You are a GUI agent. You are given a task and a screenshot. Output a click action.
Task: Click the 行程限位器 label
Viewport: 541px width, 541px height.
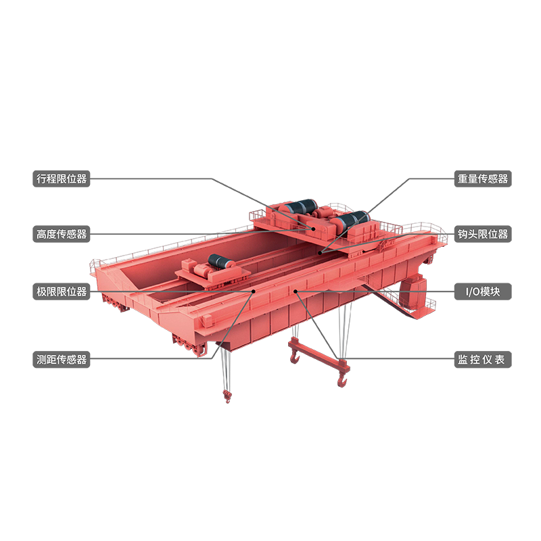pos(62,179)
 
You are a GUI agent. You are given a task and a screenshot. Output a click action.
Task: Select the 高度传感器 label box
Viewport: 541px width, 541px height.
pos(62,234)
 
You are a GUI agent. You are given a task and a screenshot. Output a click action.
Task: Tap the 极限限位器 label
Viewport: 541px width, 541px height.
pos(62,291)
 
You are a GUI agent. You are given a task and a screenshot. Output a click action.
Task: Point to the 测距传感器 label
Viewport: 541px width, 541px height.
pos(62,360)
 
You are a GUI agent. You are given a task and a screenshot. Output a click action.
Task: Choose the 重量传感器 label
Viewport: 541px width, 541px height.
pos(483,179)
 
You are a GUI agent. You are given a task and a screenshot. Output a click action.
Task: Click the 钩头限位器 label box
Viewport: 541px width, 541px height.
pos(483,234)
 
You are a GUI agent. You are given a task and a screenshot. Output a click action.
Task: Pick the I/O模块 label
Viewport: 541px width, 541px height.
pos(483,291)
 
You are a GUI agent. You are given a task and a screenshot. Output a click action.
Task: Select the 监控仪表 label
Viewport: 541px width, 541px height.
pos(483,360)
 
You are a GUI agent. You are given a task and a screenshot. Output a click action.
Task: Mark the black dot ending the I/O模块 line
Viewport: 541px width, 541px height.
pos(296,291)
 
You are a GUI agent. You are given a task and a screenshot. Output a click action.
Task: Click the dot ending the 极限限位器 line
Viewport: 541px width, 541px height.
pos(253,291)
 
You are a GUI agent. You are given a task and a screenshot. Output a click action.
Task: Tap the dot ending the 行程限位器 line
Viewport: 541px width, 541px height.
pos(314,229)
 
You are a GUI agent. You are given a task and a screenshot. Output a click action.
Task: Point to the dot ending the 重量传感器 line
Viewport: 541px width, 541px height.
pos(320,253)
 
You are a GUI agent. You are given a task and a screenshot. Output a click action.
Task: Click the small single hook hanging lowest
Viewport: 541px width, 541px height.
pos(227,396)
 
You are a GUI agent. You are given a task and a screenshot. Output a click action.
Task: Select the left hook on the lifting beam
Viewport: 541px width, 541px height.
pos(295,356)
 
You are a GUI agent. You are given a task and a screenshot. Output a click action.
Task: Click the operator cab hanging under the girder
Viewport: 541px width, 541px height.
pos(413,291)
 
